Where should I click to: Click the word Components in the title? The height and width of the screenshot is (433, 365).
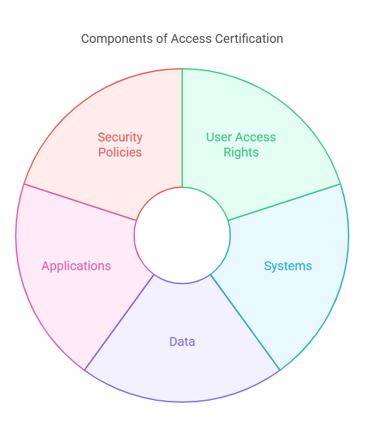[x=117, y=39]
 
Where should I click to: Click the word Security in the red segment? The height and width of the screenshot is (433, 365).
[x=120, y=137]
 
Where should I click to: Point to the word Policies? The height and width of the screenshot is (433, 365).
[x=120, y=152]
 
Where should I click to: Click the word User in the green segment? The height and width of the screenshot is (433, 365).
[x=219, y=137]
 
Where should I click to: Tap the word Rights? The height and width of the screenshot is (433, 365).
[x=241, y=153]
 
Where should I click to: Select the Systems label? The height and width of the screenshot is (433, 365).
[x=287, y=266]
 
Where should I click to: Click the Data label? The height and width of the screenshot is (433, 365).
[x=182, y=342]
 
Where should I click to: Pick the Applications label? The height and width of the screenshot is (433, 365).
[x=76, y=266]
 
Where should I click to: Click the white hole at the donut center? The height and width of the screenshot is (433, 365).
[x=182, y=235]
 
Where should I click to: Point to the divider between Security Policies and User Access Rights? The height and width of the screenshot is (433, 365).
[x=182, y=128]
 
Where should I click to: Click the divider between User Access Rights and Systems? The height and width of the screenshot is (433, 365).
[x=284, y=202]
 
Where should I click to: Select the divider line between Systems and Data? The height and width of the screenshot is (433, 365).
[x=245, y=322]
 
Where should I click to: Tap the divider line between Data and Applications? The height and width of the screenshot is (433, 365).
[x=119, y=322]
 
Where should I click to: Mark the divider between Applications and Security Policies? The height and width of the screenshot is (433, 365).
[x=80, y=202]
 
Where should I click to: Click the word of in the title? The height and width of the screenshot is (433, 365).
[x=162, y=39]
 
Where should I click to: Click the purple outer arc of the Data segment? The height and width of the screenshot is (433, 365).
[x=182, y=402]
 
